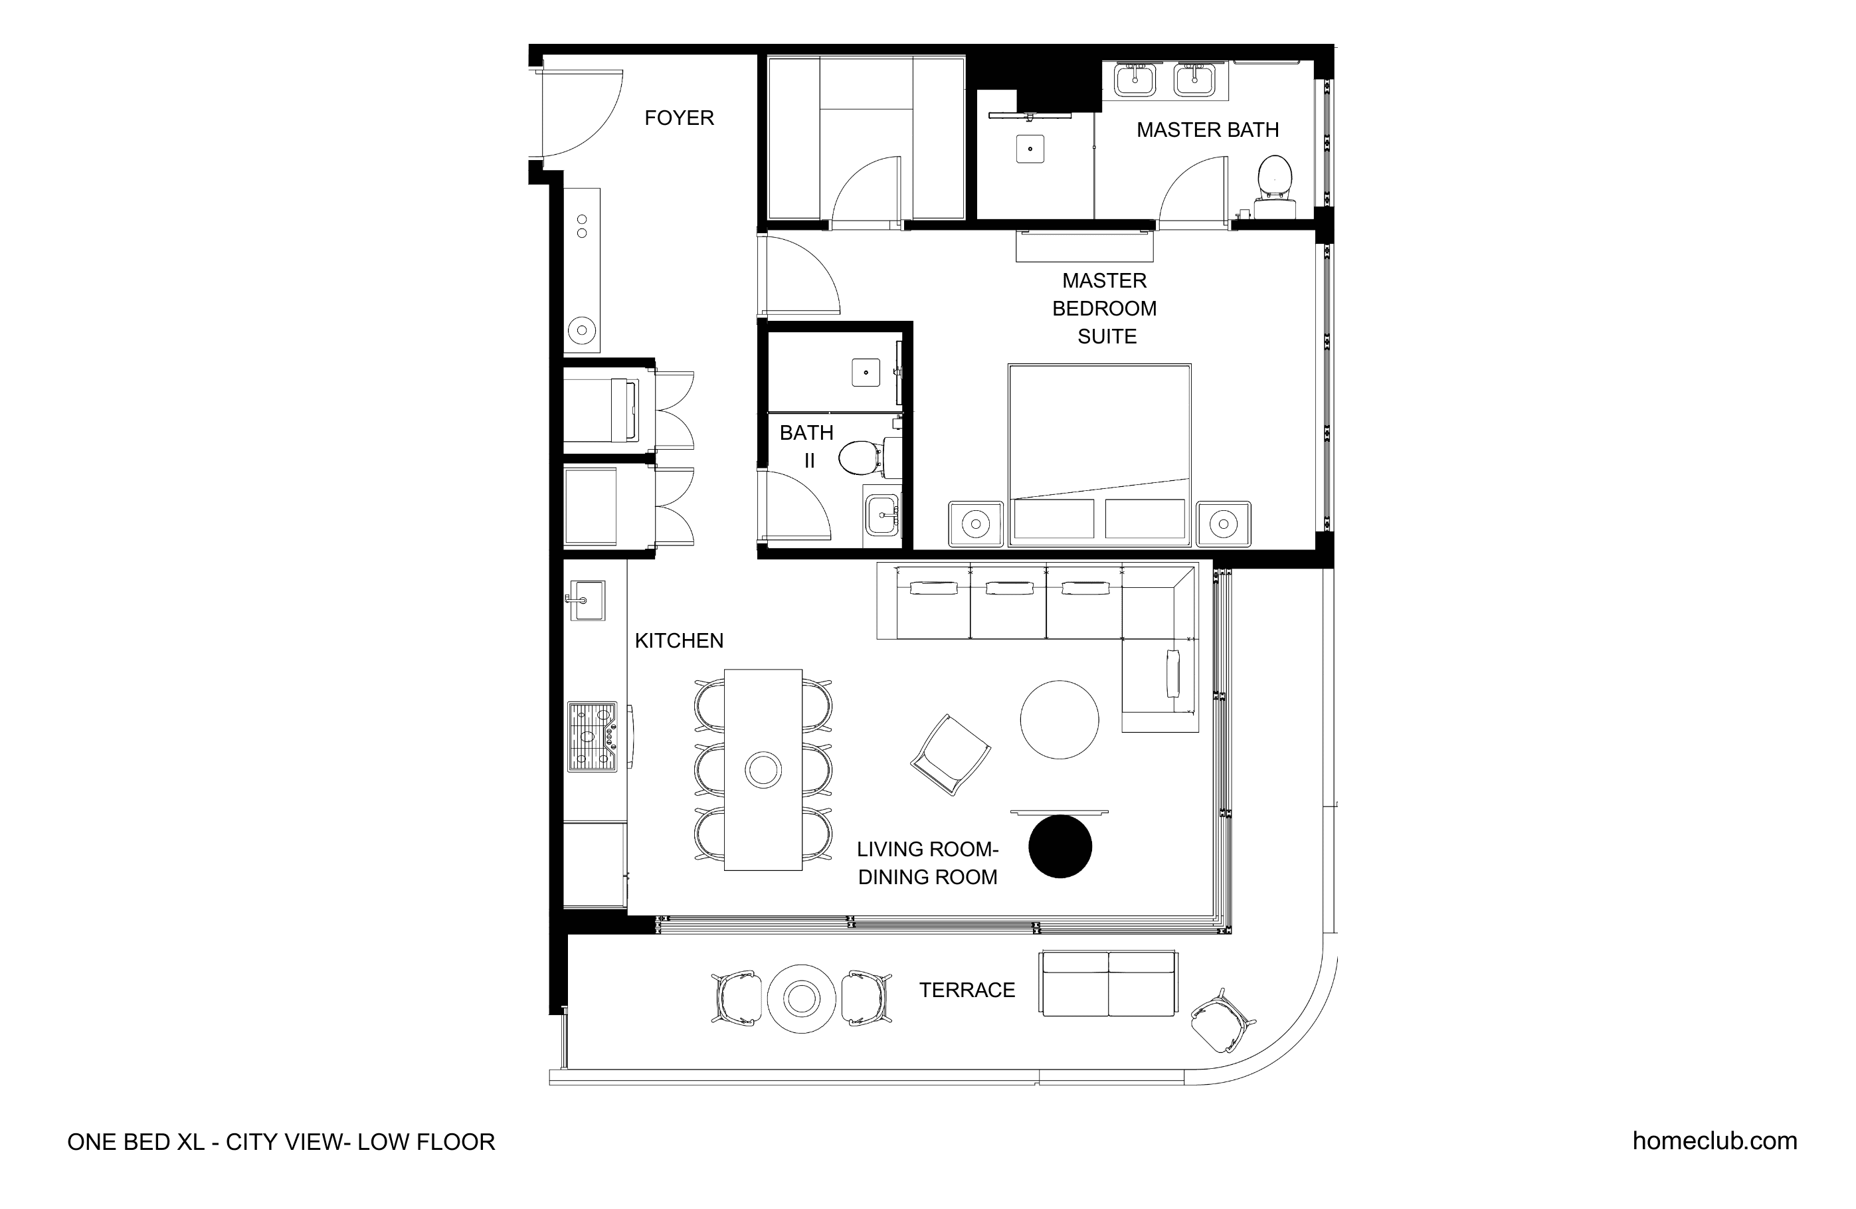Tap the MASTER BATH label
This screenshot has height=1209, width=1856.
tap(1207, 130)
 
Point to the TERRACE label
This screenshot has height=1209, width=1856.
tap(967, 990)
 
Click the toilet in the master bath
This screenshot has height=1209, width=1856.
tap(1274, 185)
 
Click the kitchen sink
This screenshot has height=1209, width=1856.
tap(586, 600)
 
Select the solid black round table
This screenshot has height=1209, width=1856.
tap(1060, 846)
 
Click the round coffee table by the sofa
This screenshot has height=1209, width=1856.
tap(1059, 719)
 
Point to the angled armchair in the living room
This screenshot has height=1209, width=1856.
tap(951, 754)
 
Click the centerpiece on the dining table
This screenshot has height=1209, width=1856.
tap(763, 770)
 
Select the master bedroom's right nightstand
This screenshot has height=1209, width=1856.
tap(1224, 523)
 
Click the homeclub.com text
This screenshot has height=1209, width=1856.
tap(1715, 1141)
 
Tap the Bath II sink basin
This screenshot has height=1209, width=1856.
tap(882, 515)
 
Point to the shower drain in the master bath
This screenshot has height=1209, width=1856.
tap(1030, 148)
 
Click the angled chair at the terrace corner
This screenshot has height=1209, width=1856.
tap(1222, 1021)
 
